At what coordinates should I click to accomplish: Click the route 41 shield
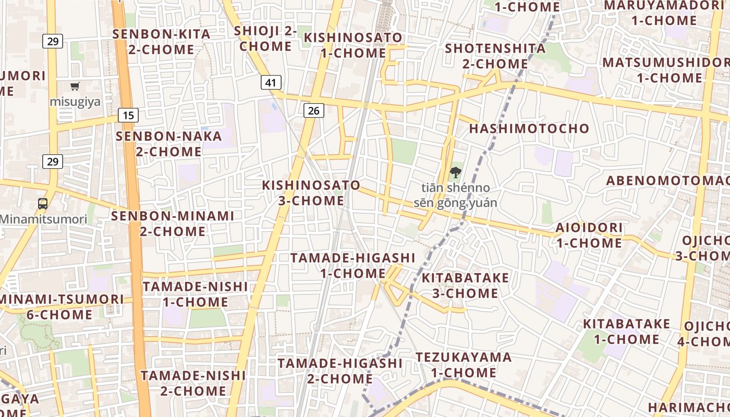coord(270,82)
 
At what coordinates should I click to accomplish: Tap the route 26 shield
coord(313,110)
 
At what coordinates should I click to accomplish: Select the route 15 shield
coord(128,115)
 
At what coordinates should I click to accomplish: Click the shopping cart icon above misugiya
coord(75,87)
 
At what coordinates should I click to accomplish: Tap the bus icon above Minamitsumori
coord(43,204)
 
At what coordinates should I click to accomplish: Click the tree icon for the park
coord(456,172)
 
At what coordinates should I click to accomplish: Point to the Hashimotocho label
coord(529,129)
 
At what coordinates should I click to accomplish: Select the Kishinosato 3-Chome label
coord(311,193)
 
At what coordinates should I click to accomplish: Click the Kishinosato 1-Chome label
coord(353,45)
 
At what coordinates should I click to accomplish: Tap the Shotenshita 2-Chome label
coord(495,56)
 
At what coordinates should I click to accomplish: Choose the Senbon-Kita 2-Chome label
coord(162,42)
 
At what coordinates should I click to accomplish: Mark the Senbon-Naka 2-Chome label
coord(169,144)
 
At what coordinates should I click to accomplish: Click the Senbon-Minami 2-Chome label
coord(173,223)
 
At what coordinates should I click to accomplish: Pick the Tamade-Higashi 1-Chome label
coord(352,265)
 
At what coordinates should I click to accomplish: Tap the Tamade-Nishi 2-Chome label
coord(193,383)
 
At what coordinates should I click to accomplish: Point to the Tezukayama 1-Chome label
coord(464,365)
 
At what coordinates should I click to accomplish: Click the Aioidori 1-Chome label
coord(589,235)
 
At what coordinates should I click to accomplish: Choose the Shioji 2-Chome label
coord(265,39)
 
